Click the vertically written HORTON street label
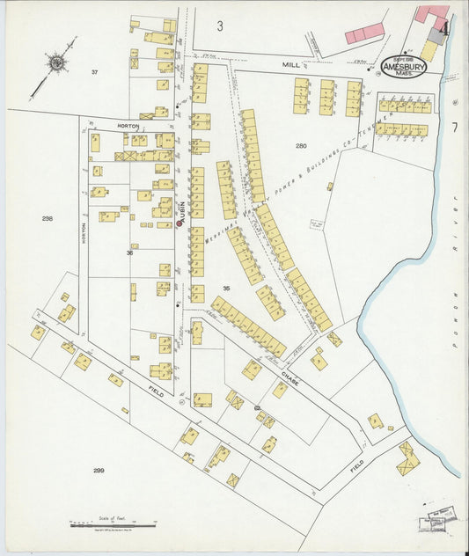tap(84, 230)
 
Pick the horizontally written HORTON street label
tap(129, 126)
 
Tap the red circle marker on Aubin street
tap(179, 223)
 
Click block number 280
tap(301, 145)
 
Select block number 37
tap(94, 72)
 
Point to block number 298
tap(47, 217)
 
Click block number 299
tap(99, 471)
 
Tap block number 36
tap(129, 252)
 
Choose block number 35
tap(226, 289)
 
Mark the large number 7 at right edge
tap(454, 127)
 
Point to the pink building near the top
tap(364, 33)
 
